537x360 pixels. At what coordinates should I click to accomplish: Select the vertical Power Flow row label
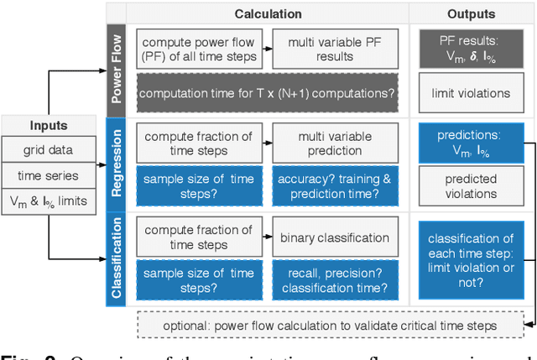click(x=117, y=68)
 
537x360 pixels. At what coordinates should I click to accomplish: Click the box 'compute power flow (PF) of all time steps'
click(x=199, y=49)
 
